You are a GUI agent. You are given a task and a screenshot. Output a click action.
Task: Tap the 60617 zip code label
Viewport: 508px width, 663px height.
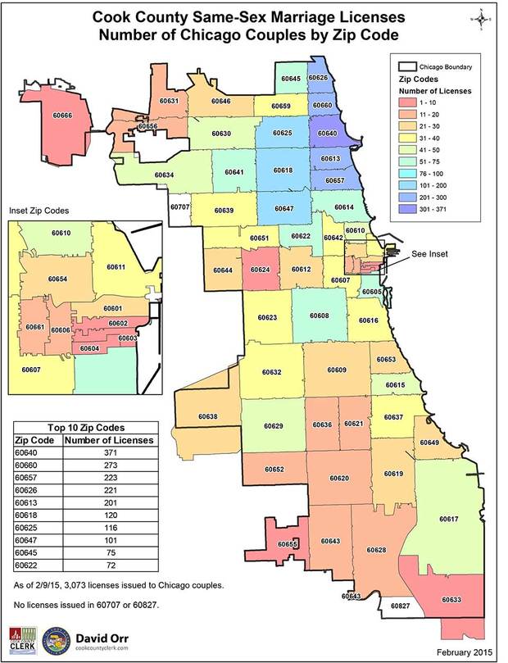pos(448,519)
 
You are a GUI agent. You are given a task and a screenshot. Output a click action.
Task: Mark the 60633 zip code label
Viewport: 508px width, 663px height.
pos(451,600)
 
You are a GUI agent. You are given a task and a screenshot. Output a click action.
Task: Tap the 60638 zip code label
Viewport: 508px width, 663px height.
pos(208,416)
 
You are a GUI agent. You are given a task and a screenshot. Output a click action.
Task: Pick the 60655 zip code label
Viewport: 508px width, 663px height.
pos(288,544)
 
